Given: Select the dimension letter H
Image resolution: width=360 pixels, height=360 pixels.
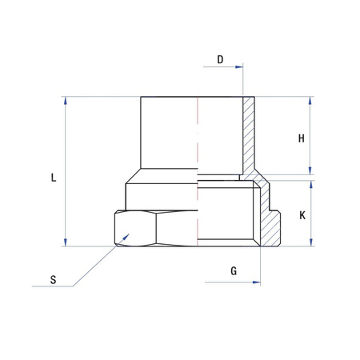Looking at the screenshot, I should click(x=302, y=138).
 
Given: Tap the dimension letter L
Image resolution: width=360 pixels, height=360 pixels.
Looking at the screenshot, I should click(x=53, y=178).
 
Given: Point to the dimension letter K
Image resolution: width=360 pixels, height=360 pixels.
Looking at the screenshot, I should click(x=302, y=215).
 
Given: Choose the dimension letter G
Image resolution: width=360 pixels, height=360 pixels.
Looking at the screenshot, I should click(x=234, y=271).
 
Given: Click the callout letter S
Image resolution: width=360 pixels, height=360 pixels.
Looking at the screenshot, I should click(x=53, y=280).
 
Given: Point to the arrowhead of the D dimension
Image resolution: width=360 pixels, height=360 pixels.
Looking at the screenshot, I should click(x=238, y=69).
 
